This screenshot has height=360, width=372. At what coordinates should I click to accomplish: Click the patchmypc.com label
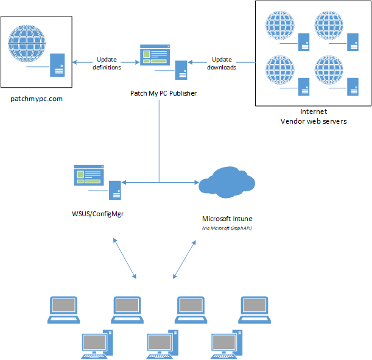(37, 99)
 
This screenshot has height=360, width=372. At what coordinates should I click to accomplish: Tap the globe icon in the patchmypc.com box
(27, 43)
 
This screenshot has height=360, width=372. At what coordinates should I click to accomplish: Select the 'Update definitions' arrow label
(107, 63)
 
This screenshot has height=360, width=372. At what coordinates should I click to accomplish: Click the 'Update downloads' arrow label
(222, 63)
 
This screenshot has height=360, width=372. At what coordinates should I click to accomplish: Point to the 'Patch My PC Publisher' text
(163, 93)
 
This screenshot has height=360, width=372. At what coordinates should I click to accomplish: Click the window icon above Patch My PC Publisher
(155, 55)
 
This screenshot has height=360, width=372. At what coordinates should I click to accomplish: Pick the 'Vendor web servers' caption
(314, 121)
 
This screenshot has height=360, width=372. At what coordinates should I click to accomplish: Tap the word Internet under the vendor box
(314, 111)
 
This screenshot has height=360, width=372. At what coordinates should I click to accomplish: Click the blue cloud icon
(227, 182)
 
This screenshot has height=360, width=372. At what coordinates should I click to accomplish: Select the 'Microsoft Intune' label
(227, 219)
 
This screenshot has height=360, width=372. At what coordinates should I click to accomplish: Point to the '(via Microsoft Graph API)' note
(227, 228)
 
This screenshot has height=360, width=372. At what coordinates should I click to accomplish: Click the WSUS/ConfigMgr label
(98, 214)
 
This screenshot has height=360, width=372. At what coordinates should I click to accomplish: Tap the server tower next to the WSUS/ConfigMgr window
(115, 190)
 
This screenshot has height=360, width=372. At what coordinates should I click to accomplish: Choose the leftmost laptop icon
(63, 310)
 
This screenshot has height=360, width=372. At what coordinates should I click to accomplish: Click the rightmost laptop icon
(254, 310)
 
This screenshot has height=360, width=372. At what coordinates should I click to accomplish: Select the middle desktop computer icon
(163, 344)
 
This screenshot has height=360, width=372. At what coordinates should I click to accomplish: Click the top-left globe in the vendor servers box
(280, 26)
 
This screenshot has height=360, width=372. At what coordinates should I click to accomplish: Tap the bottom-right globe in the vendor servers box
(329, 70)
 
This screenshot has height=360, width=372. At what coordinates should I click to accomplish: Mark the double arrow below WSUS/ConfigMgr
(125, 258)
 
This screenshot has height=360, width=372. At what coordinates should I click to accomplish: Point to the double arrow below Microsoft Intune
(184, 259)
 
